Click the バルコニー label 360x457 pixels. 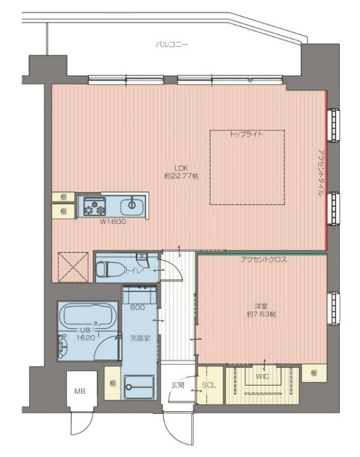(172, 44)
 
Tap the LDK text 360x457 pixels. (180, 167)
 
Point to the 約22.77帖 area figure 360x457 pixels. (181, 176)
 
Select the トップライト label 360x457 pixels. (246, 134)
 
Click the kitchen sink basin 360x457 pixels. (132, 205)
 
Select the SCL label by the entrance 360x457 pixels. (209, 385)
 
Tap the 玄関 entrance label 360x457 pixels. (178, 384)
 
